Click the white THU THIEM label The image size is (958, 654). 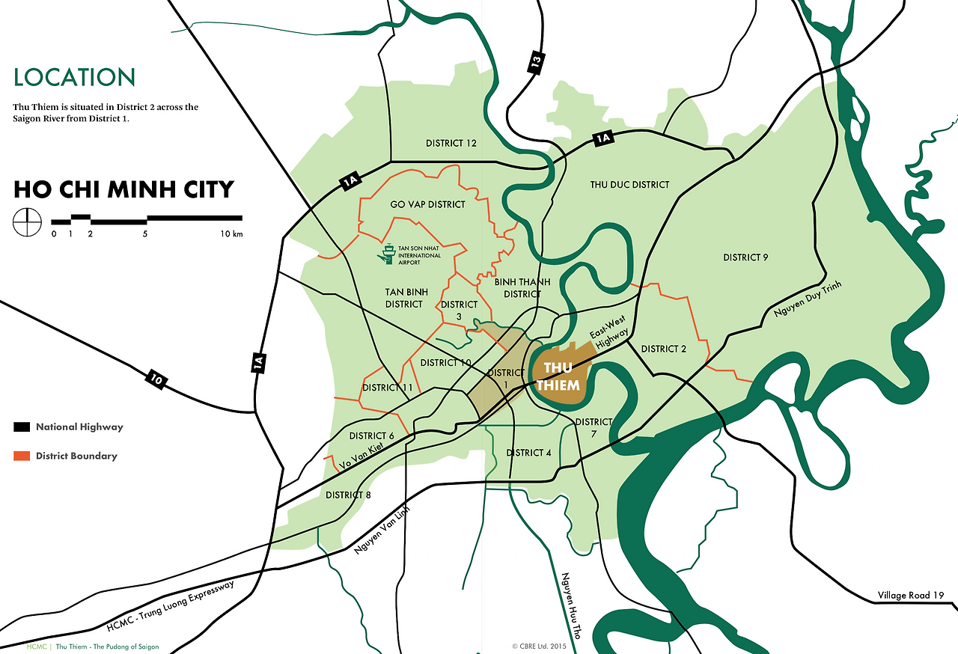point(561,376)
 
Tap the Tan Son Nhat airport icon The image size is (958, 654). point(387,254)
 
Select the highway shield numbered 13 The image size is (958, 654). point(534,63)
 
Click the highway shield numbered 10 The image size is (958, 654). point(156,379)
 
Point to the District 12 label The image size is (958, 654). point(451,143)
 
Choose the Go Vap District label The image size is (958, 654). point(427,204)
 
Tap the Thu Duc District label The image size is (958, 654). point(629,185)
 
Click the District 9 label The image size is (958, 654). point(745,257)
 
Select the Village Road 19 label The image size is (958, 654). point(910,596)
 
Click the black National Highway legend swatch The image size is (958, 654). point(22,427)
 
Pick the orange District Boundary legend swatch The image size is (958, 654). point(22,456)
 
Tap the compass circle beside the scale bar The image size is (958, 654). point(26,222)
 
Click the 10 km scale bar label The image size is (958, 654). point(232,234)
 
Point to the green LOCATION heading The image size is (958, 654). point(74,77)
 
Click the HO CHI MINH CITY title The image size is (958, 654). point(123,189)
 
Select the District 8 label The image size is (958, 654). point(349,495)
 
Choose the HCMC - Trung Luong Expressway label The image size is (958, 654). point(171,607)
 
